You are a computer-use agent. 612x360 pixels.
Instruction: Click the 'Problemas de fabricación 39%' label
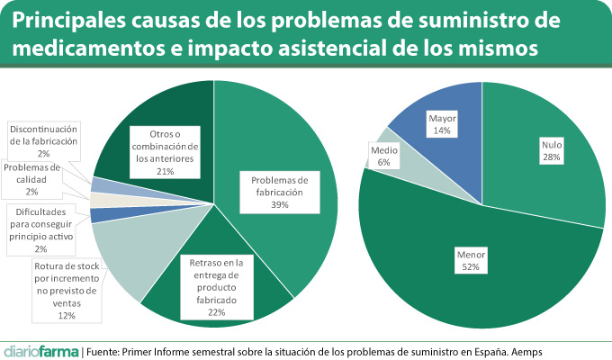tap(279, 192)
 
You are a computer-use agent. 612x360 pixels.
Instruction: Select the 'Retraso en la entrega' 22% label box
tap(216, 286)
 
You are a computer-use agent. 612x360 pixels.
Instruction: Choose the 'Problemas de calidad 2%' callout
tap(31, 179)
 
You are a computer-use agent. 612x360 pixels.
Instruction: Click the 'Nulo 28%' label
tap(551, 150)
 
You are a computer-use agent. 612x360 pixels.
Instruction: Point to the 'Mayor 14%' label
tap(441, 124)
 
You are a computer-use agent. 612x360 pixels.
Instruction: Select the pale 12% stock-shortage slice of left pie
tap(126, 256)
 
